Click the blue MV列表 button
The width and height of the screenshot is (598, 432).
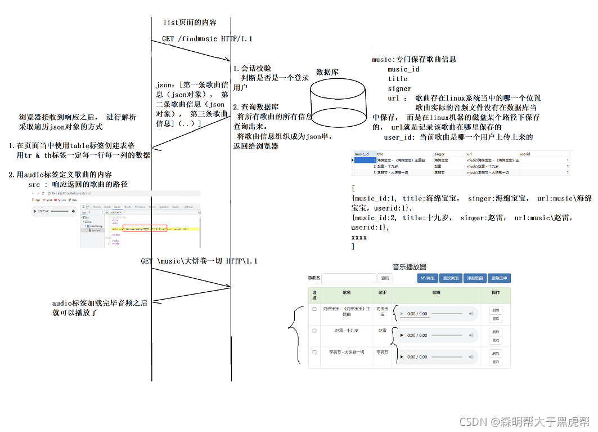point(428,278)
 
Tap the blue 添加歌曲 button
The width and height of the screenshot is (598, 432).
point(475,278)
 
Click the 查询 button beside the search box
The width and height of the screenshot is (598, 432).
point(385,278)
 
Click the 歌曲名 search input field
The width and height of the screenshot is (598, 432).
point(349,278)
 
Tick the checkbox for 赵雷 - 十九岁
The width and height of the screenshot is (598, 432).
point(314,331)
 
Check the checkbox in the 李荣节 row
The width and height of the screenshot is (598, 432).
point(314,352)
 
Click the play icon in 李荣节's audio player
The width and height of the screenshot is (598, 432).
point(401,357)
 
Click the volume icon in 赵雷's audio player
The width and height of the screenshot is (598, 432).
point(471,336)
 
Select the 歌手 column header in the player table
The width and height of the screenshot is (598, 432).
point(382,293)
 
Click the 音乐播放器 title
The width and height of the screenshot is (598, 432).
point(409,267)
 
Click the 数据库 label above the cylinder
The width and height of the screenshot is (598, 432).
point(327,72)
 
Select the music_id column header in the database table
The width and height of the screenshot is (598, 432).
point(362,154)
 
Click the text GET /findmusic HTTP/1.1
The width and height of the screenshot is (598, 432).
point(207,39)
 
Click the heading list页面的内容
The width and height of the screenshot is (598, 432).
point(190,23)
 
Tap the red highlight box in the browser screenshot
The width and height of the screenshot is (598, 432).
point(145,229)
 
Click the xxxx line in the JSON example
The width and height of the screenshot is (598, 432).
point(359,238)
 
